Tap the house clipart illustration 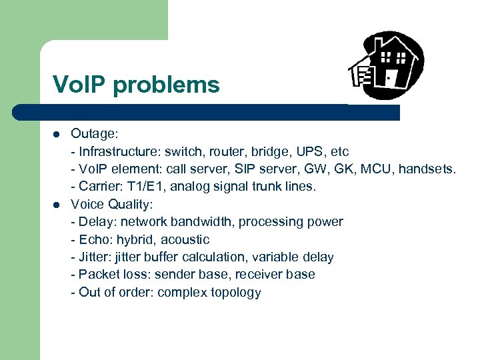point(386,65)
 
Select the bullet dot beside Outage point(57,134)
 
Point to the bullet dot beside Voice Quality point(57,204)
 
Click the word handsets point(427,169)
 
